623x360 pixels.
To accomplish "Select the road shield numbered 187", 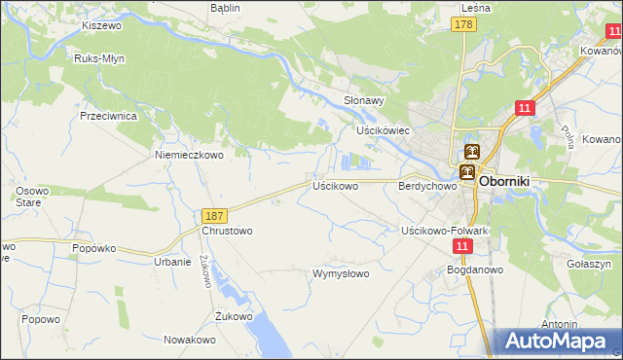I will tap(215, 214).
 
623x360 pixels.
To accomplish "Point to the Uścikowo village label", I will tap(335, 185).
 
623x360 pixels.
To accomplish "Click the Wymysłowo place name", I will tap(340, 273).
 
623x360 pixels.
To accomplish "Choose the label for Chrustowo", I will tap(227, 231).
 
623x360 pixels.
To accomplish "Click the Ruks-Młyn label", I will tap(97, 57).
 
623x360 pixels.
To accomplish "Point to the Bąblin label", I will tap(225, 7).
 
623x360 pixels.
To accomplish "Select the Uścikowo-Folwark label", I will tap(444, 231).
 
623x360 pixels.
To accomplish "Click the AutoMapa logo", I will tap(559, 342).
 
